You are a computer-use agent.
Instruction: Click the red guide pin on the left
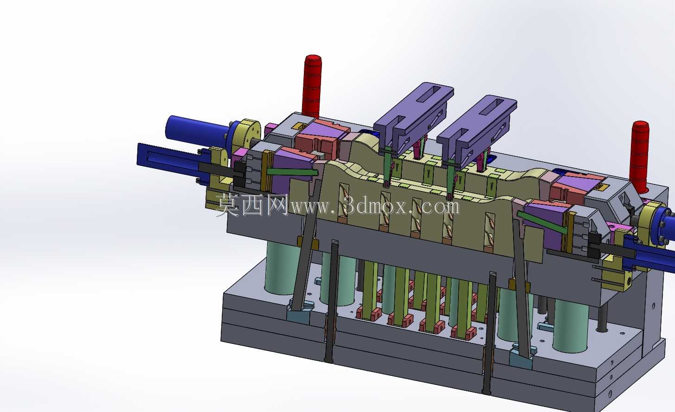pyautogui.click(x=312, y=87)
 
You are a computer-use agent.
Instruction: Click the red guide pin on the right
pyautogui.click(x=640, y=157)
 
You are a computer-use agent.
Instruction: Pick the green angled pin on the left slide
pyautogui.click(x=292, y=172)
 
